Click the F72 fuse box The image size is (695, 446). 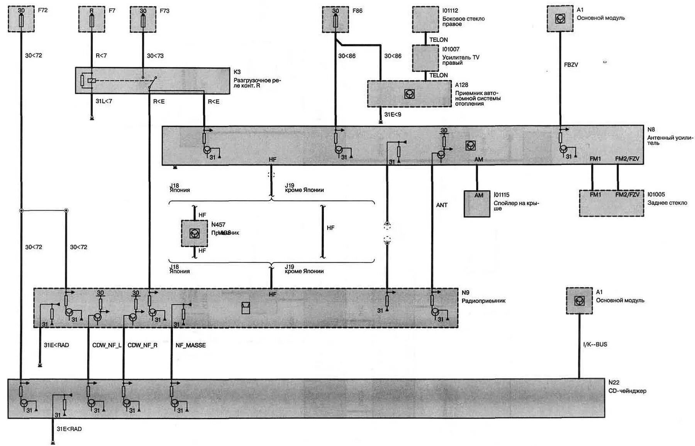(21, 19)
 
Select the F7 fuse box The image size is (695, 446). (92, 19)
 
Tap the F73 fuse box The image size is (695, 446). (143, 19)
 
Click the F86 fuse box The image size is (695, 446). (335, 19)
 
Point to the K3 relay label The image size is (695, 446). (237, 72)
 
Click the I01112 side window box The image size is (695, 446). (425, 19)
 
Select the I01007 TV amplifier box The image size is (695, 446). (425, 58)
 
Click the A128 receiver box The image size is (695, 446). (409, 94)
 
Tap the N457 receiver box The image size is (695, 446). (194, 233)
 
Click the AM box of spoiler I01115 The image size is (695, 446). (477, 203)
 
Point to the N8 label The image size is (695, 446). (651, 129)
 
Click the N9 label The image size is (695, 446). (465, 293)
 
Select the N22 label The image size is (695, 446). (614, 382)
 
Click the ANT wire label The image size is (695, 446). (442, 205)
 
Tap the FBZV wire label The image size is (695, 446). (571, 65)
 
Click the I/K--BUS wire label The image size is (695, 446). (595, 344)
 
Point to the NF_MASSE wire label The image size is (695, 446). (190, 345)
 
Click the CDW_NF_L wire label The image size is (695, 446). (107, 345)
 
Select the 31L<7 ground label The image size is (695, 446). (104, 101)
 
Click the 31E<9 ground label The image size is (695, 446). (393, 114)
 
